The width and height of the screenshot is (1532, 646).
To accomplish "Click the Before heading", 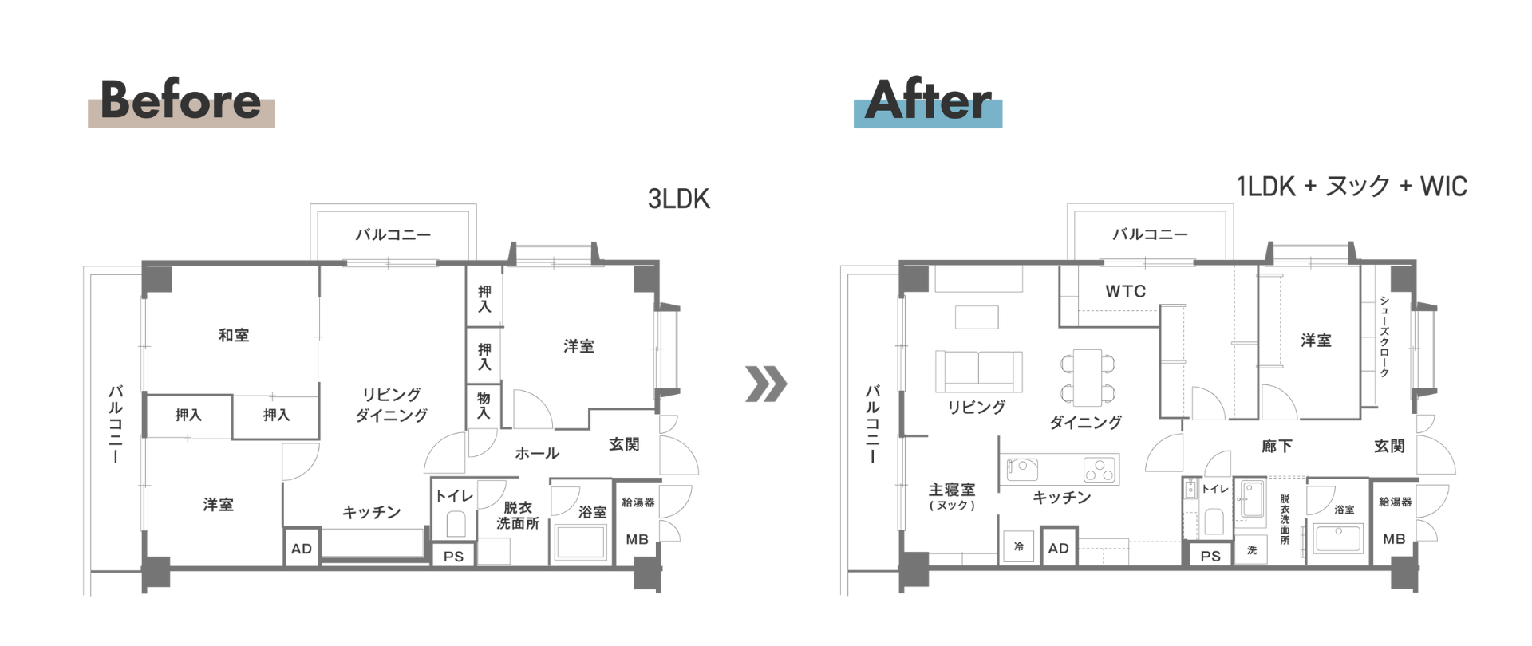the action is [180, 100].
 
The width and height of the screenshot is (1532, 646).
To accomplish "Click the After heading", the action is [928, 100].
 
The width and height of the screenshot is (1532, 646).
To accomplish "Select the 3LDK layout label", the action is [678, 199].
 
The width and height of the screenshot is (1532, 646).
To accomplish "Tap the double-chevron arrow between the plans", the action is [766, 384].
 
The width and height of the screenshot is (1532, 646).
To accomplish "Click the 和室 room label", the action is [234, 336].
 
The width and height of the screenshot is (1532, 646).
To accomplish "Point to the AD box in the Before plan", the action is [302, 548].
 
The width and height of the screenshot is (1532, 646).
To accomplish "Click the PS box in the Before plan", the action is [453, 556].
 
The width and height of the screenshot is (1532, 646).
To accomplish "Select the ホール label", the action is [537, 453].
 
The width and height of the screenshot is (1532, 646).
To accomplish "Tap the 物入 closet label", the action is [484, 405].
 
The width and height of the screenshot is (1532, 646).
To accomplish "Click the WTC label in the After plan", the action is [1125, 291].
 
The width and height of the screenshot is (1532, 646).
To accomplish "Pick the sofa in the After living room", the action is [979, 371].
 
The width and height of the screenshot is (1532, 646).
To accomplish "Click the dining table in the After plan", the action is [1087, 378].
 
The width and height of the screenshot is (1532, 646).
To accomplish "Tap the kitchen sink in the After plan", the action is [1022, 469].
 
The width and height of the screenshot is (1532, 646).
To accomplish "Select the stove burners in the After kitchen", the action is [1100, 470].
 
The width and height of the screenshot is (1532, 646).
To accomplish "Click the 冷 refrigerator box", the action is [1019, 547].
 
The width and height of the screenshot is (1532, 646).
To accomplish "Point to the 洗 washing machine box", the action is [1252, 550].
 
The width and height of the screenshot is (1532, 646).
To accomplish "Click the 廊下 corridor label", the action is [1277, 447].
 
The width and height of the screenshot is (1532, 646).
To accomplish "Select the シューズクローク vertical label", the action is [1384, 337].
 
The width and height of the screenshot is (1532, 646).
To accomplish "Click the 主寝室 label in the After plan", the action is [952, 489].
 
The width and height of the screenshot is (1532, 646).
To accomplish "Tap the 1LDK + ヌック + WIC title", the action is [1352, 187].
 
